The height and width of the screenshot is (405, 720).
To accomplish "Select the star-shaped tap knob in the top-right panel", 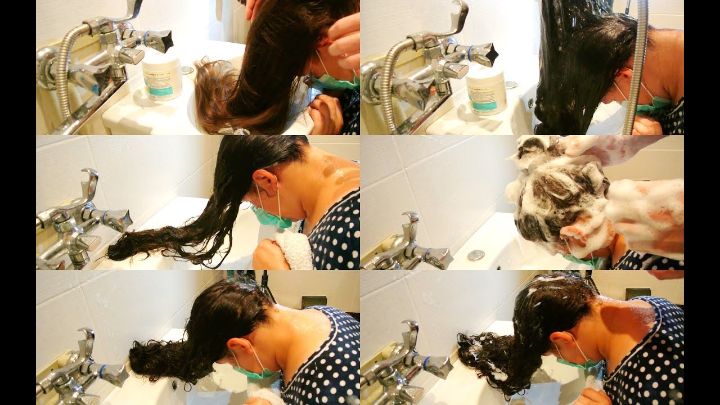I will [x=485, y=54].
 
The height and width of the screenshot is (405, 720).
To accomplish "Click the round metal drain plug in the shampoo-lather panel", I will [x=476, y=255].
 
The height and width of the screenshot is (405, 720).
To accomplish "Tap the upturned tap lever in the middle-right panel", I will [x=411, y=222].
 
